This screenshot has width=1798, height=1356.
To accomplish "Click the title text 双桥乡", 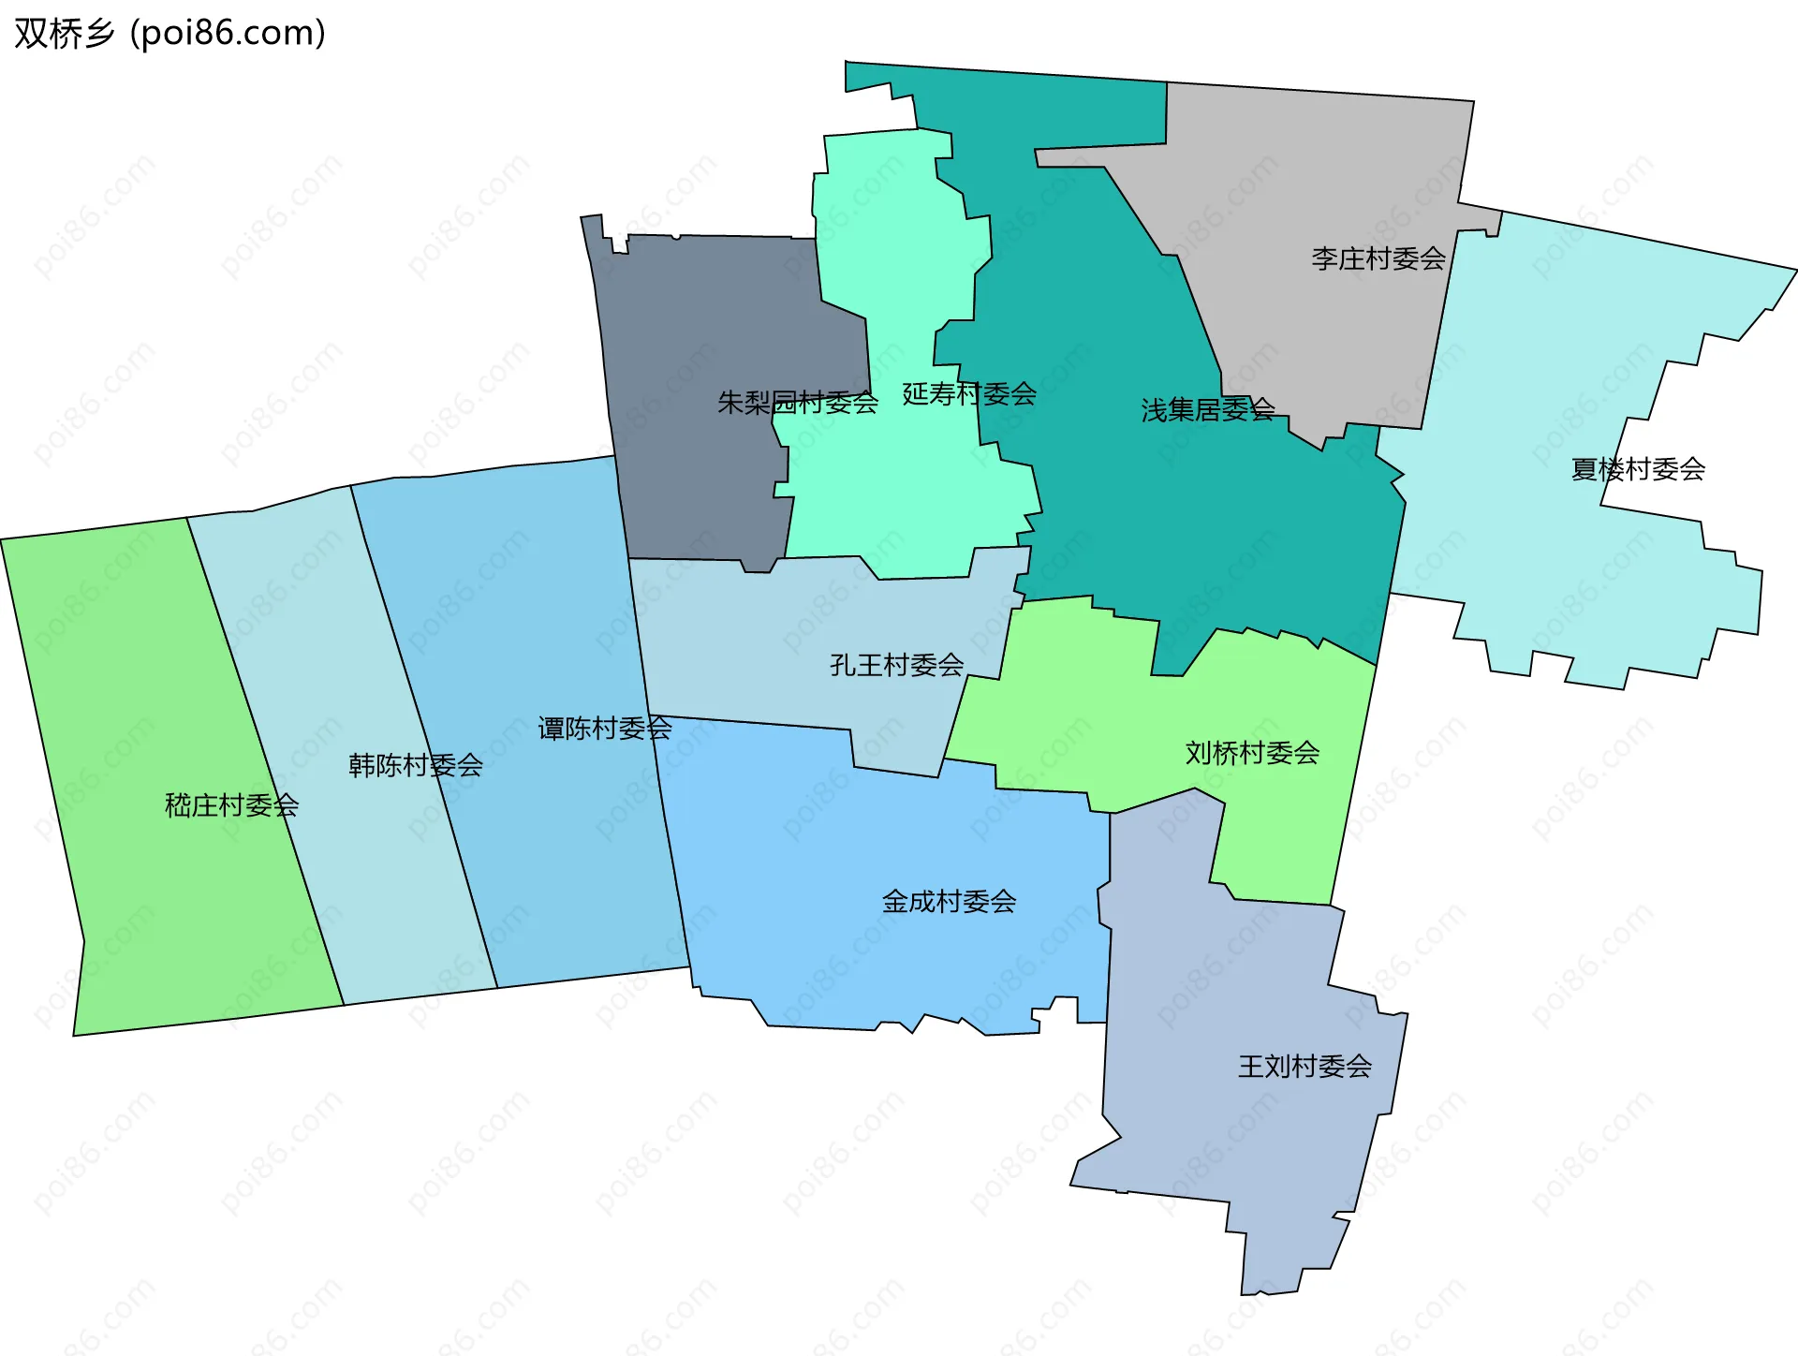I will [x=64, y=34].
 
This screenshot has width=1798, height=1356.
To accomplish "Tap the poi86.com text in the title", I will [x=228, y=34].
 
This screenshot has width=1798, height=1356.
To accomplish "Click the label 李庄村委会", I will [x=1378, y=258].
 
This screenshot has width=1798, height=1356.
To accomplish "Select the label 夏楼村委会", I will [x=1637, y=468].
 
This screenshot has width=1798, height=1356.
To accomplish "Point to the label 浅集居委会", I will [x=1207, y=409].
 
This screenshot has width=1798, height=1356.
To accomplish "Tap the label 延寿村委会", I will [x=968, y=393].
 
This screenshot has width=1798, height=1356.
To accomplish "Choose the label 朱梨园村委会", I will [x=797, y=403].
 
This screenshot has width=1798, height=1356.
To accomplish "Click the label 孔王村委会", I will [x=896, y=665].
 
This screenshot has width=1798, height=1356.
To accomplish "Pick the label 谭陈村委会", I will [x=604, y=728].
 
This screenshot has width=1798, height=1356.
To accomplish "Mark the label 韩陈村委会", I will [x=415, y=765].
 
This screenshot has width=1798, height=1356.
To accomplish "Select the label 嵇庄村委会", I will [x=231, y=804].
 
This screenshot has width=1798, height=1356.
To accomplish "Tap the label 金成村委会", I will [x=949, y=901].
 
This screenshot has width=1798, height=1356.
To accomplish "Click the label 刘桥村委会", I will [x=1252, y=752].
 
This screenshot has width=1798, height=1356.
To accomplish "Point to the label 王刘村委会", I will [x=1304, y=1066].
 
